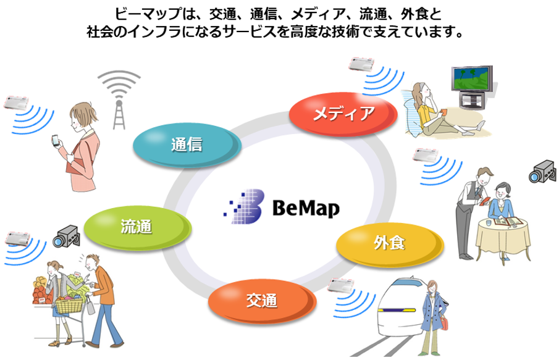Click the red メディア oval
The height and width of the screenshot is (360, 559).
pos(343,113)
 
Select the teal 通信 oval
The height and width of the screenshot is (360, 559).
pos(187,144)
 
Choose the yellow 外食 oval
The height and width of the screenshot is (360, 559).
pos(389,243)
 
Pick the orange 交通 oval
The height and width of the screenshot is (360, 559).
pos(261,301)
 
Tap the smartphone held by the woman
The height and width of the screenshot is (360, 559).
pos(54,141)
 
